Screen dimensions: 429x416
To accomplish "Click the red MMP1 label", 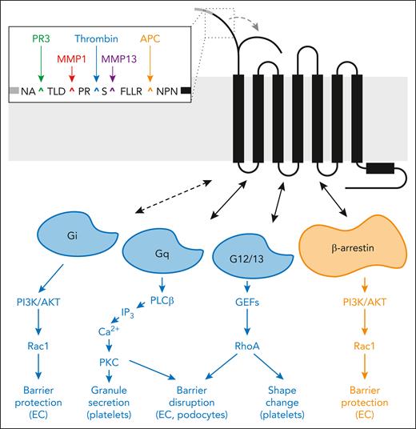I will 72,59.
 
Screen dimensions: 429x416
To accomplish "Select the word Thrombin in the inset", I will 96,38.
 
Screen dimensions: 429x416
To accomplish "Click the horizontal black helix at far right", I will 375,170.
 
